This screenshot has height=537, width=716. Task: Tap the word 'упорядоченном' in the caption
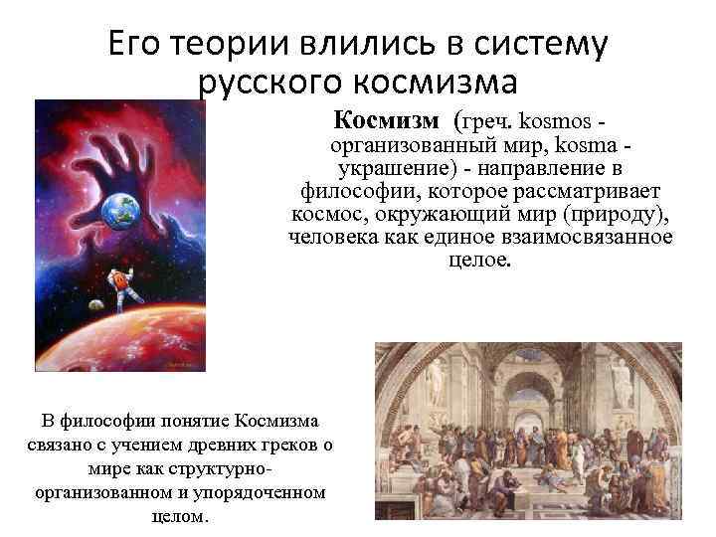point(266,492)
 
